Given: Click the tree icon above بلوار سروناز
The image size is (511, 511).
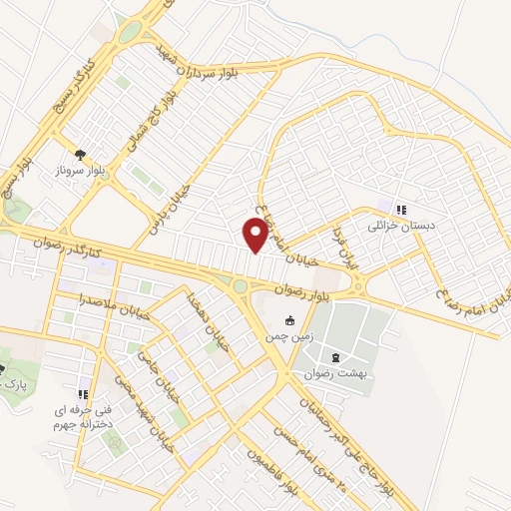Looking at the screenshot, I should pos(80,155).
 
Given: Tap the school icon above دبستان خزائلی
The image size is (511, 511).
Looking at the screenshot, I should pos(400,210).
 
